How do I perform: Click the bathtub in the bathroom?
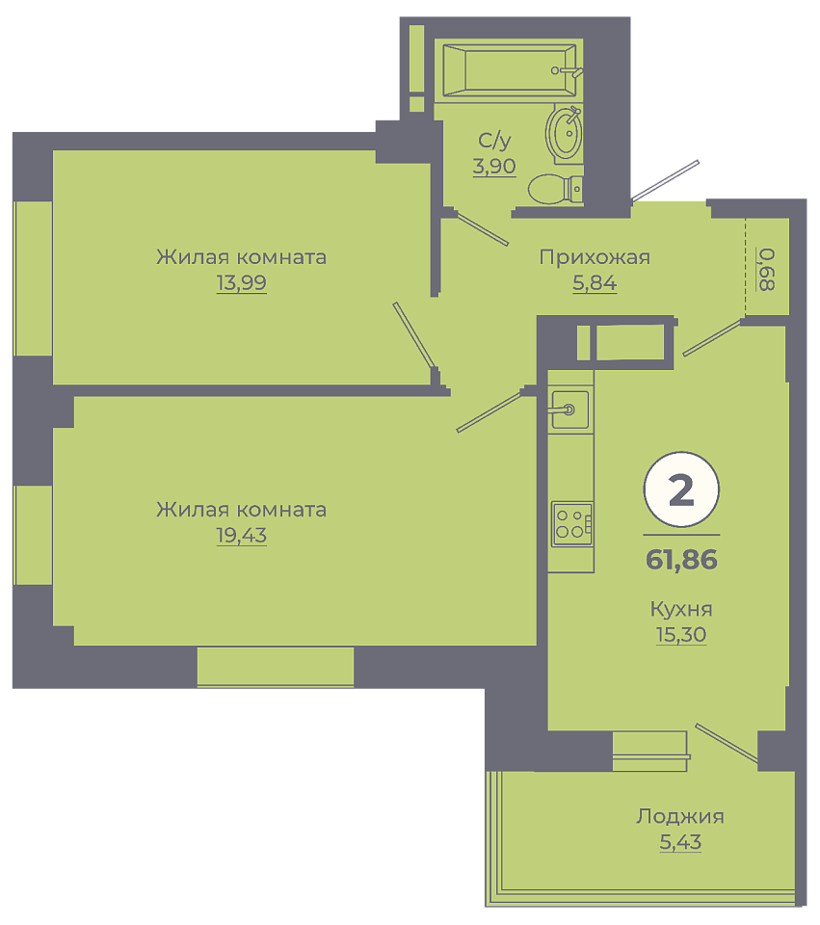[x=509, y=70]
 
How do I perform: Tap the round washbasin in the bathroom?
[x=565, y=133]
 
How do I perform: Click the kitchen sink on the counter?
[x=569, y=409]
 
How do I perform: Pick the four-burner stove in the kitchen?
[x=571, y=524]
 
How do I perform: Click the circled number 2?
[x=681, y=489]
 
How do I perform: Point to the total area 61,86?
[x=681, y=559]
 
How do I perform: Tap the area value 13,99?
[x=241, y=283]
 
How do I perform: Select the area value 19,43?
[x=241, y=536]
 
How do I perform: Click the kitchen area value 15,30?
[x=681, y=635]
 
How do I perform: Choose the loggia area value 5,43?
[x=681, y=842]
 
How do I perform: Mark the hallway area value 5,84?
[x=595, y=283]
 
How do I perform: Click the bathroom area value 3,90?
[x=494, y=167]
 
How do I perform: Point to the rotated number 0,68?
[x=766, y=269]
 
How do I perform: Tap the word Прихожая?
[x=595, y=257]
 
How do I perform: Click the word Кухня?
[x=681, y=609]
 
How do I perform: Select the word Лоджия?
[x=680, y=816]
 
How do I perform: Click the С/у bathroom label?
[x=494, y=141]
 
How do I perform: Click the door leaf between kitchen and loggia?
[x=727, y=743]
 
